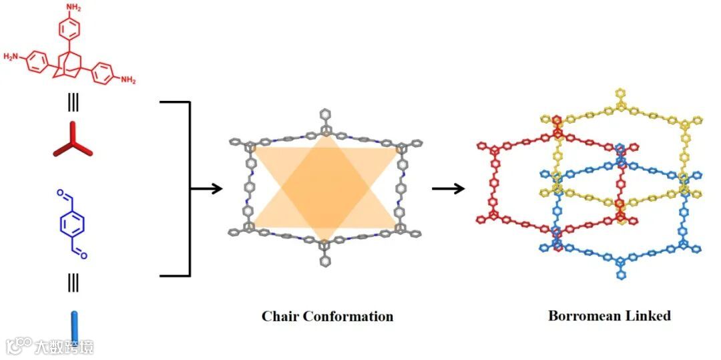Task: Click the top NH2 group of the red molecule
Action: coord(74,7)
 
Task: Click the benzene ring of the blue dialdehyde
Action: coord(71,224)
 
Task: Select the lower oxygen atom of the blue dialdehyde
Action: coord(84,254)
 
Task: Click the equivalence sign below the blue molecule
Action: coord(72,283)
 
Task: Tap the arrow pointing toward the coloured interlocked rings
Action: coord(448,189)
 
